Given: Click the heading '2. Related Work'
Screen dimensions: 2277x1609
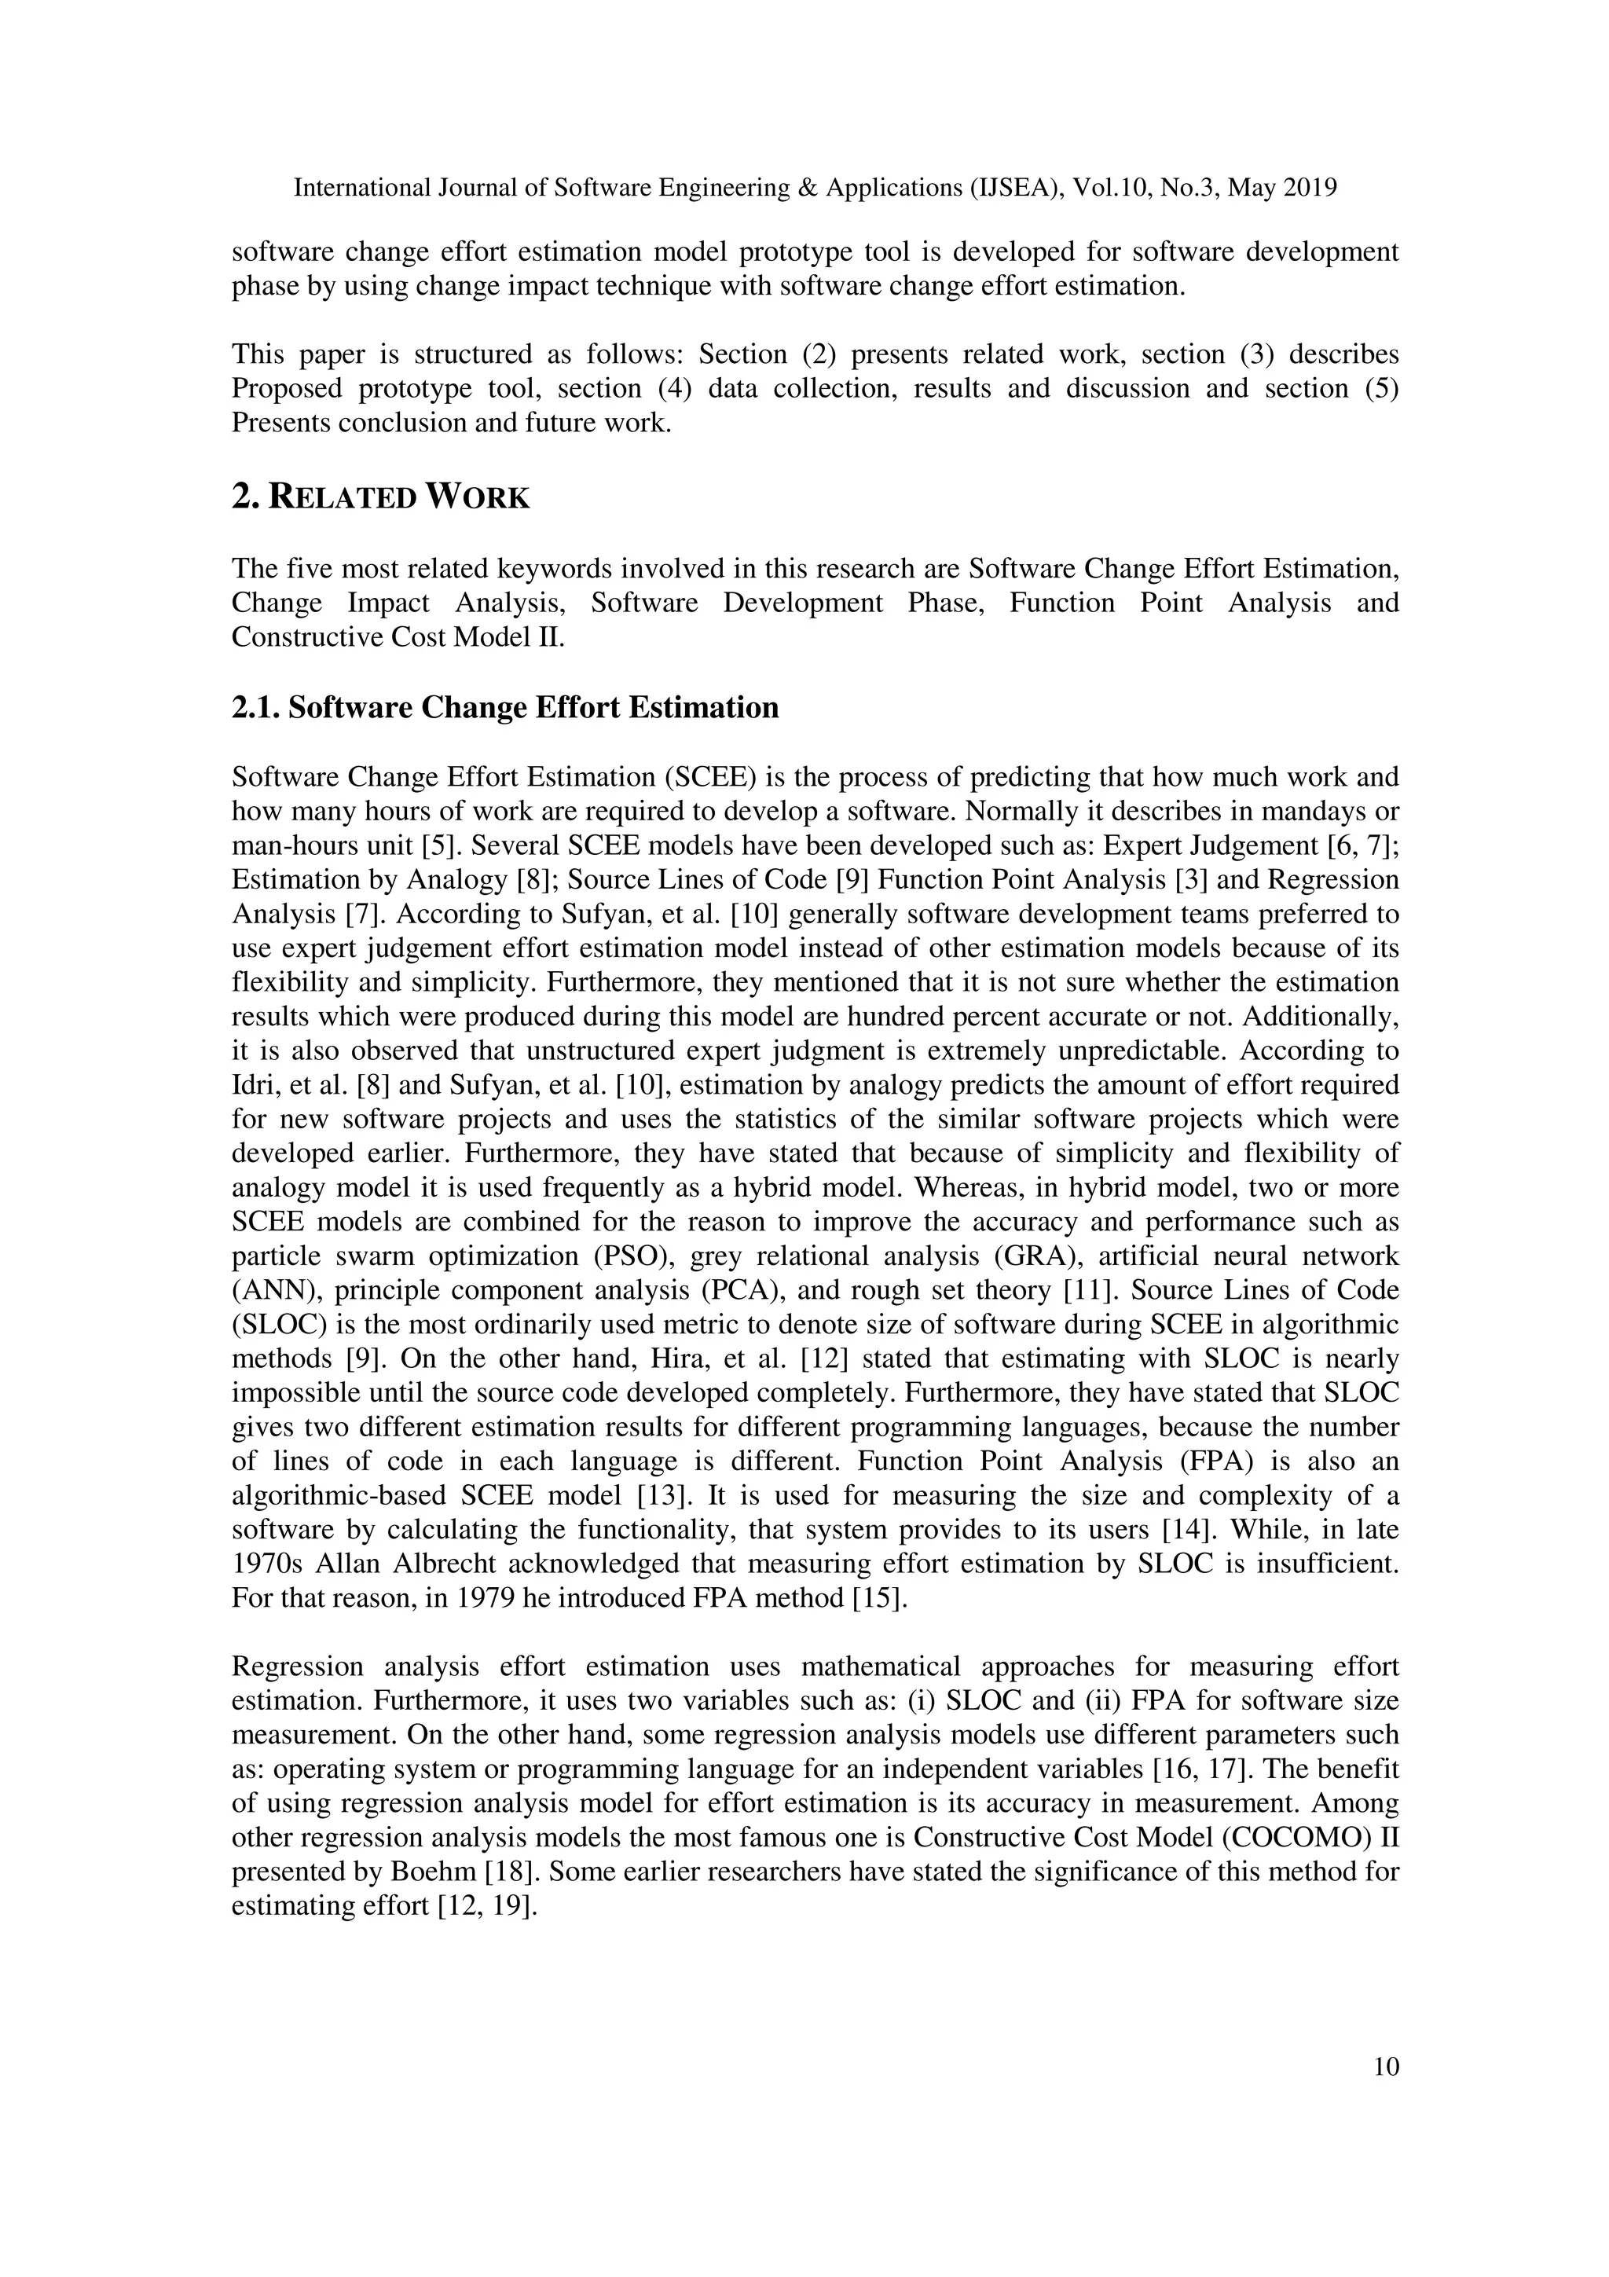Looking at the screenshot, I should click(381, 497).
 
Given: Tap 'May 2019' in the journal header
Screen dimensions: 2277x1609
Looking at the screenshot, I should click(1282, 188).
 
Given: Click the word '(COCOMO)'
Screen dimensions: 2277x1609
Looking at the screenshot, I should click(1296, 1838).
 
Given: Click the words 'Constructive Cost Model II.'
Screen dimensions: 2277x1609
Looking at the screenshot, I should click(398, 636).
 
